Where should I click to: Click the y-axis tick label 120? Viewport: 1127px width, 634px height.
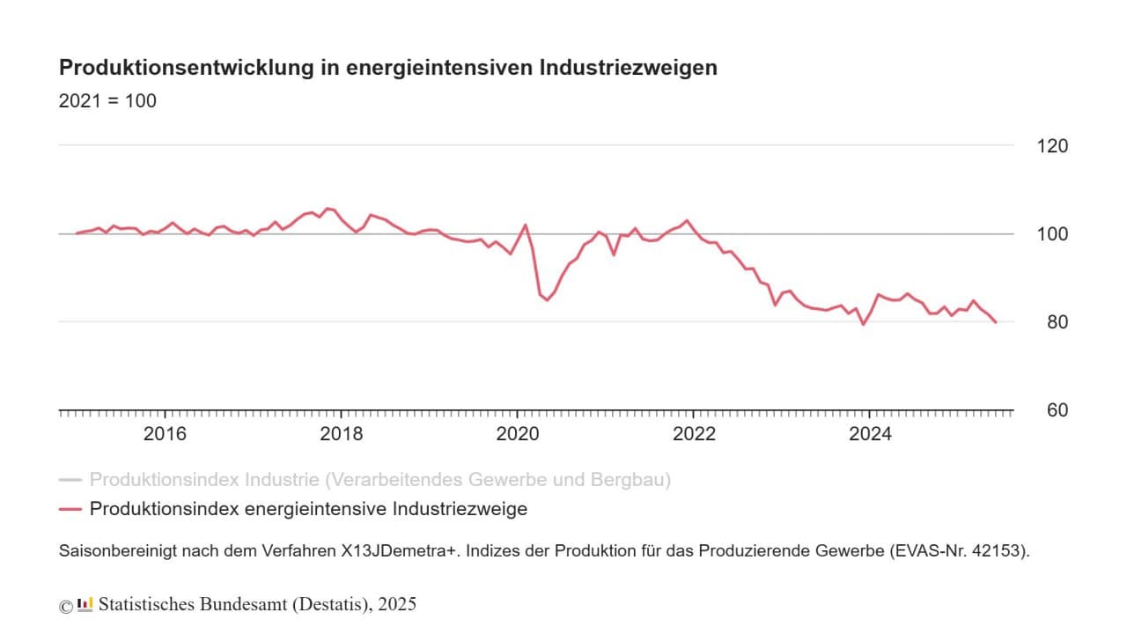pos(1050,145)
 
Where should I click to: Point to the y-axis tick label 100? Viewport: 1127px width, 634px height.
pos(1050,234)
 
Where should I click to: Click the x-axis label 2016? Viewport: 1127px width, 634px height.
pos(165,434)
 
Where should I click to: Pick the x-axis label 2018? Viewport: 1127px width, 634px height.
pos(341,434)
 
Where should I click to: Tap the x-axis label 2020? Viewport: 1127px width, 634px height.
pos(517,434)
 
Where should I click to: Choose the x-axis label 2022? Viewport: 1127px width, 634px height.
pos(694,434)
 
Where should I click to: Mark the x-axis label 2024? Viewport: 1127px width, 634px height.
pos(870,434)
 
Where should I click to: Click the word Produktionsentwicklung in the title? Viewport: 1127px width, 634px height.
pos(173,68)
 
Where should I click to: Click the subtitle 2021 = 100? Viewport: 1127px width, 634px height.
pos(107,101)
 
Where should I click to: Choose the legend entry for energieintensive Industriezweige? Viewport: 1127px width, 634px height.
pos(308,509)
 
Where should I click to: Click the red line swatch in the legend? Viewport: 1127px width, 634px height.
pos(70,509)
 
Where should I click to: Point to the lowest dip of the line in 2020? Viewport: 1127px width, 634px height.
pos(547,300)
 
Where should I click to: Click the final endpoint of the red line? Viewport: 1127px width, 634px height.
pos(996,322)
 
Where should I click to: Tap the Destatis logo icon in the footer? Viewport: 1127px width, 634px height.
pos(85,604)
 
